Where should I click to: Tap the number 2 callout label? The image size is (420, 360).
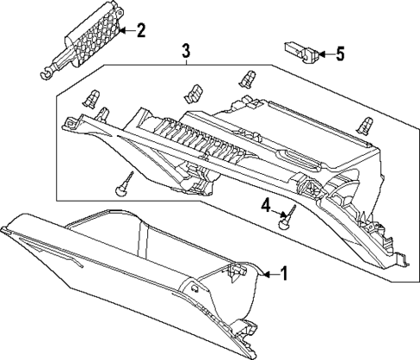tap(140, 32)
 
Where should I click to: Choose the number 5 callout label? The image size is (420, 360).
tap(339, 55)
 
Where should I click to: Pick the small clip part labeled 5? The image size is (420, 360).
tap(300, 52)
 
